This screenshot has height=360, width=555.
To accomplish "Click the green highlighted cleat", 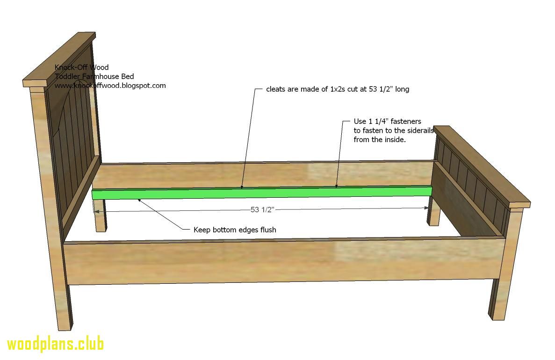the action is (x=262, y=193).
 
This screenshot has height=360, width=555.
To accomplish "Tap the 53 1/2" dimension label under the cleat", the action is (x=262, y=209).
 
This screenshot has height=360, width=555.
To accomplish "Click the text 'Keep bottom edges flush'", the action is (x=235, y=230).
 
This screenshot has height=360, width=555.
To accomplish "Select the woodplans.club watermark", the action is (x=56, y=345).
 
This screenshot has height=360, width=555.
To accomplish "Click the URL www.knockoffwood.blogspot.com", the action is (x=110, y=85).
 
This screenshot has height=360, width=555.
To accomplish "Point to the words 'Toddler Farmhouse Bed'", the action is (x=94, y=76).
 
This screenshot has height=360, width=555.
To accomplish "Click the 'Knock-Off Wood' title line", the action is (x=81, y=67).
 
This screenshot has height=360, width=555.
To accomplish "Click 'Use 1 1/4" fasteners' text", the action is (x=387, y=122).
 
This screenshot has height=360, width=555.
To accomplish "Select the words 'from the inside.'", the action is (x=380, y=140).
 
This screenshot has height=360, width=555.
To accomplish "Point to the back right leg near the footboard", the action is (x=434, y=212).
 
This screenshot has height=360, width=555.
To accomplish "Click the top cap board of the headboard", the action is (x=59, y=59).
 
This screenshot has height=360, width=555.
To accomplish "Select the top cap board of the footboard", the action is (x=482, y=166).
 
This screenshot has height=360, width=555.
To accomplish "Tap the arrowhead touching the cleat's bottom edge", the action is (x=139, y=201).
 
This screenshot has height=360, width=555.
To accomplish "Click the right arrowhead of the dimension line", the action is (x=426, y=208).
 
